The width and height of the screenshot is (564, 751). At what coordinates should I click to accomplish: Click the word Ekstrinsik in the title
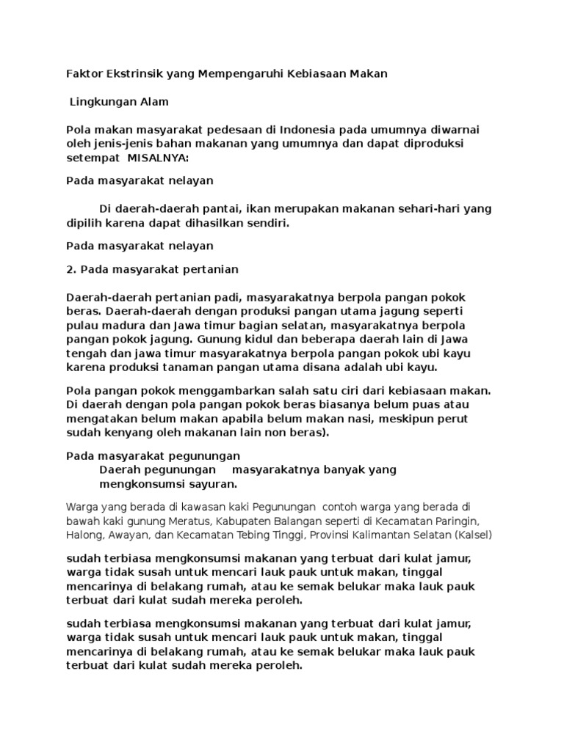pos(131,73)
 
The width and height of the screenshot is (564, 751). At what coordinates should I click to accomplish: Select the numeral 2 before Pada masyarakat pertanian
pos(70,269)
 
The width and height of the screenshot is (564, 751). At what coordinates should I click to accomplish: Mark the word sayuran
pos(214,484)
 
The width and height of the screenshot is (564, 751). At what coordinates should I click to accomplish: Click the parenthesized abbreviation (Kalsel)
pos(473,535)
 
